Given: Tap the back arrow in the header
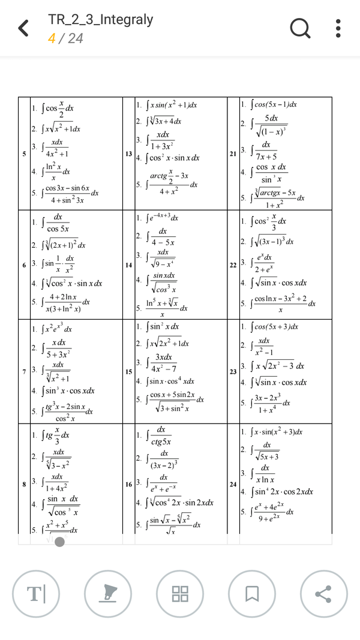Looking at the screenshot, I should (x=23, y=28).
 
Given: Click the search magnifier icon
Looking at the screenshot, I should (x=299, y=28).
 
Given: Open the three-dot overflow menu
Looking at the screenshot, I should (x=338, y=28).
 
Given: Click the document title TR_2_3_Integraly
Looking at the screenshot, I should (x=101, y=20).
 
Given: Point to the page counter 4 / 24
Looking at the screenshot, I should (x=65, y=39).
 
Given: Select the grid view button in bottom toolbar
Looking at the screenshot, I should (x=180, y=594).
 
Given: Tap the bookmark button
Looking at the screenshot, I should (x=252, y=594).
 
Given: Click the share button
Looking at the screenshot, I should (x=324, y=594).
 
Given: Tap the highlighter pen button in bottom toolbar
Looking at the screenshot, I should (x=108, y=594).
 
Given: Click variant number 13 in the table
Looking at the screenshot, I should (x=129, y=154).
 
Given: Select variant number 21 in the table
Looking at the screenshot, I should (x=233, y=154).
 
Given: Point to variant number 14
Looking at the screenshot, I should (x=129, y=265).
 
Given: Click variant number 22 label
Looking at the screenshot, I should (x=233, y=265).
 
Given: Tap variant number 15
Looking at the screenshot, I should (x=129, y=372).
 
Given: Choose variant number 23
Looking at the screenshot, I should (x=233, y=372).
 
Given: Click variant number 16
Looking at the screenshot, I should (x=129, y=483).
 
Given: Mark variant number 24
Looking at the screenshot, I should (x=233, y=483).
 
